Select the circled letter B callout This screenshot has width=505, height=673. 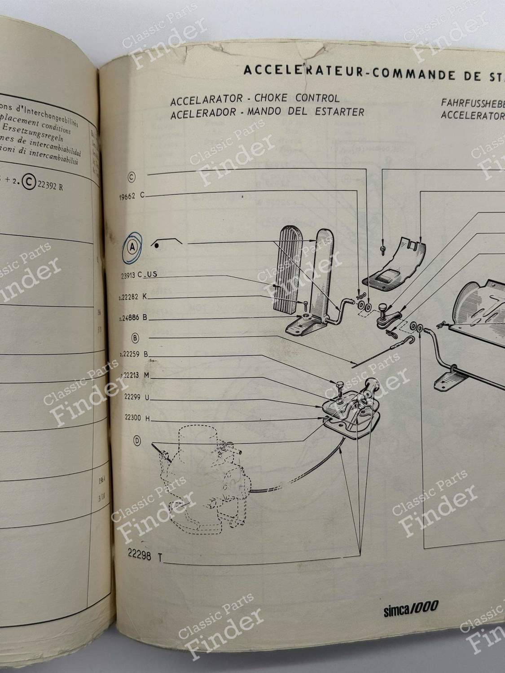pos(135,337)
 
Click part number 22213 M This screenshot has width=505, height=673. pos(135,376)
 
